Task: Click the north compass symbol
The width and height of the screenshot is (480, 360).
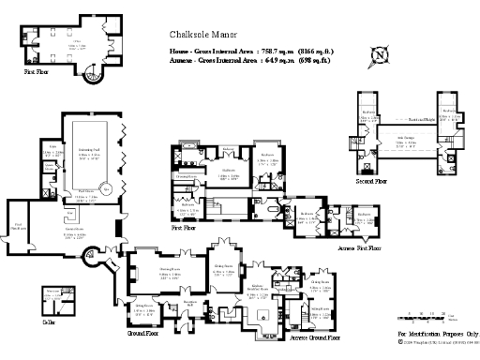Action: [x=379, y=55]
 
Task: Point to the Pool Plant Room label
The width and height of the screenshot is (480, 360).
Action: [x=19, y=225]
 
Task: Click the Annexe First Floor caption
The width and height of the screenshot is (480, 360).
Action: [x=361, y=248]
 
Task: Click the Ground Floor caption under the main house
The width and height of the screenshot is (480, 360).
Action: [x=144, y=333]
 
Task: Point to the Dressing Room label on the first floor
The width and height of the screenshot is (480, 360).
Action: [x=186, y=175]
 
